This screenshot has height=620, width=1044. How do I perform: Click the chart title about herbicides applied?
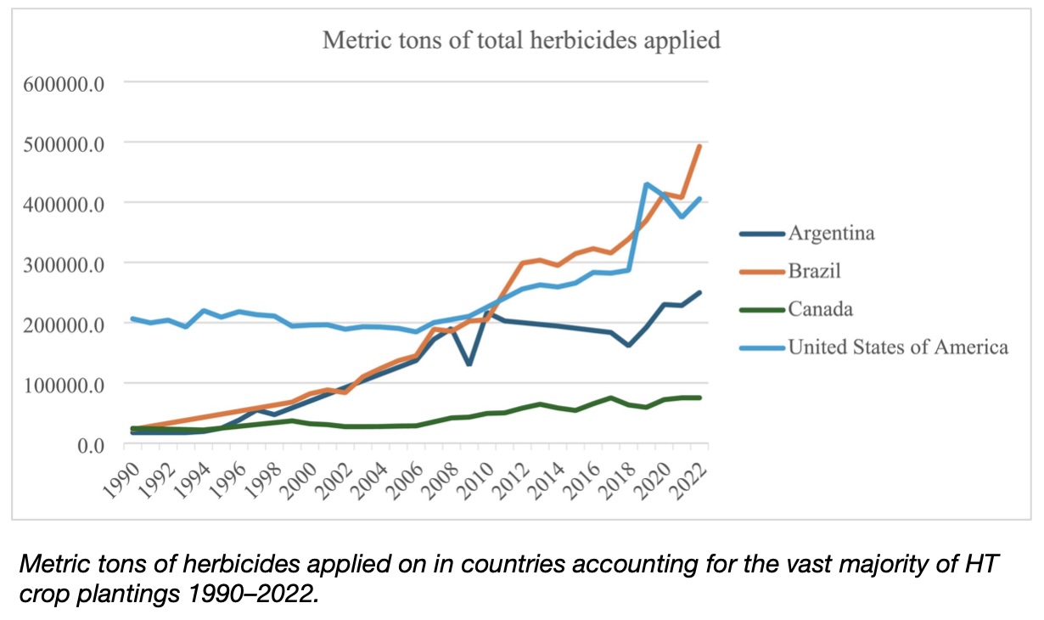pyautogui.click(x=521, y=40)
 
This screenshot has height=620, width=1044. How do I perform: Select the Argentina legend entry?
pyautogui.click(x=831, y=233)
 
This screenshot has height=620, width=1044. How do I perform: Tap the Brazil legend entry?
pyautogui.click(x=814, y=271)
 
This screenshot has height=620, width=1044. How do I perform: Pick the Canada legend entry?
pyautogui.click(x=820, y=309)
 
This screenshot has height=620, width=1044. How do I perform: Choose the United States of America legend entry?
pyautogui.click(x=897, y=347)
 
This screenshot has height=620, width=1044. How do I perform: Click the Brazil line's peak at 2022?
pyautogui.click(x=699, y=146)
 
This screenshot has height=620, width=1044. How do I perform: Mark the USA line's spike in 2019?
pyautogui.click(x=647, y=184)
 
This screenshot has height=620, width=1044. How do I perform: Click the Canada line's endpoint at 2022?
pyautogui.click(x=699, y=397)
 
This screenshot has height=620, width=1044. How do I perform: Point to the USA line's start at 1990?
pyautogui.click(x=133, y=318)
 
